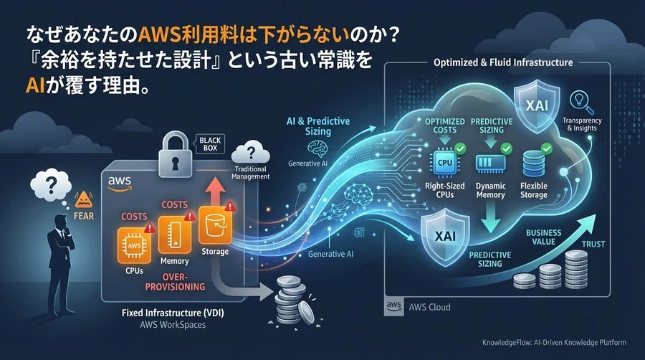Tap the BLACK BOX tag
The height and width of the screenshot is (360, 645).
point(212,143)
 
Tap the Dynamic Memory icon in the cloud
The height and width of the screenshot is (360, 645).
point(489,162)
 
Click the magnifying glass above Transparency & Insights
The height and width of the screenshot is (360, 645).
point(577,102)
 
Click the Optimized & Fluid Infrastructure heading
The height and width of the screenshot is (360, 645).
point(503,62)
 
